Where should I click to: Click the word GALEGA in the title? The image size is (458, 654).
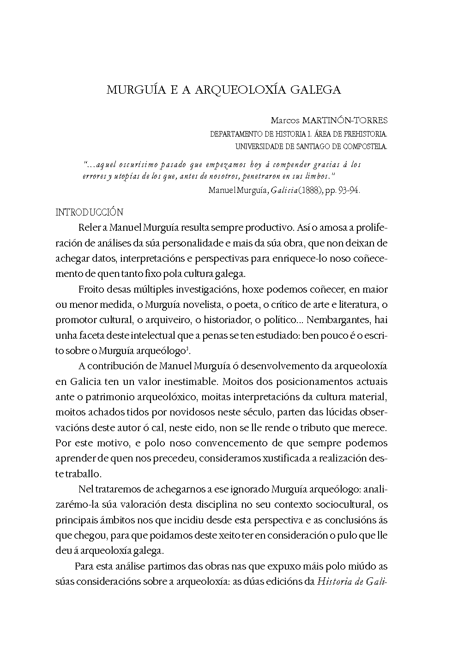click(315, 90)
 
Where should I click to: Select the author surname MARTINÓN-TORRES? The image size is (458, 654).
click(344, 121)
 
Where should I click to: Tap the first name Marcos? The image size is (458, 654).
click(284, 121)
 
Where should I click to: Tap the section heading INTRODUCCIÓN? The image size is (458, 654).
click(89, 212)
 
